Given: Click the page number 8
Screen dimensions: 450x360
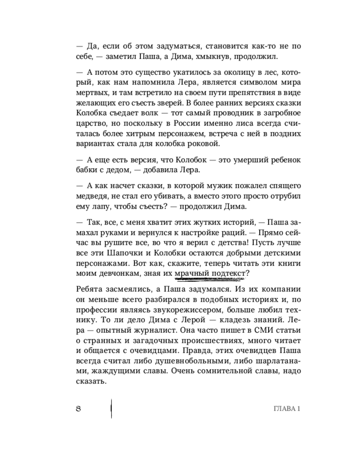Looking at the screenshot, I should tap(78, 409).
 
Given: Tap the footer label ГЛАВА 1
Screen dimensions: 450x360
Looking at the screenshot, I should tap(287, 409).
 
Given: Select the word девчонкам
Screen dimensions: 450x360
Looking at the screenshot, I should tap(118, 274).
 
